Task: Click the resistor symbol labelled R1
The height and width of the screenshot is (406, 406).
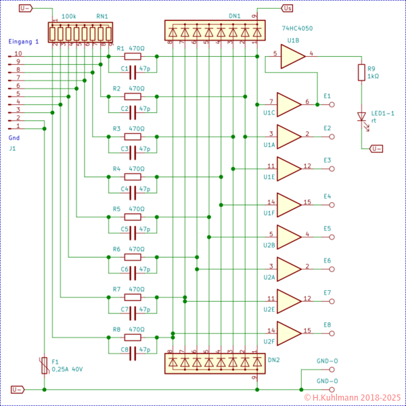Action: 133,56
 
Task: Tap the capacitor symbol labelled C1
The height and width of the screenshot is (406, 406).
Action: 133,68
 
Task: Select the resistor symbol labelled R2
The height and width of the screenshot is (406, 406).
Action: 133,96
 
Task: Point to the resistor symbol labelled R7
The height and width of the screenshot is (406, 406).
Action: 133,297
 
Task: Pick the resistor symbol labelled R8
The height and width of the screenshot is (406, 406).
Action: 133,337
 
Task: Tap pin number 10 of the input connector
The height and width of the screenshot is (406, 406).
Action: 18,53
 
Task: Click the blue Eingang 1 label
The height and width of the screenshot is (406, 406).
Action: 24,41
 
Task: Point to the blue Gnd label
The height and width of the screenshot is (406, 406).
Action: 14,137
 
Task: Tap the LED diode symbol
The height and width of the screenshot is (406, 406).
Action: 361,116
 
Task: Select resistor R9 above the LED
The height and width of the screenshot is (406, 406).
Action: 361,72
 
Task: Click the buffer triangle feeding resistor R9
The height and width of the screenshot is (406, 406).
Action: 292,56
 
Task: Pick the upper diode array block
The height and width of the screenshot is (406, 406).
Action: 215,30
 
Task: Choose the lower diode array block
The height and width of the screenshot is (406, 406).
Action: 215,363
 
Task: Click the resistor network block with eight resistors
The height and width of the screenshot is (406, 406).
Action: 81,32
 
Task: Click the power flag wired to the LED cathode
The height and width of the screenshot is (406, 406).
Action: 377,149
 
